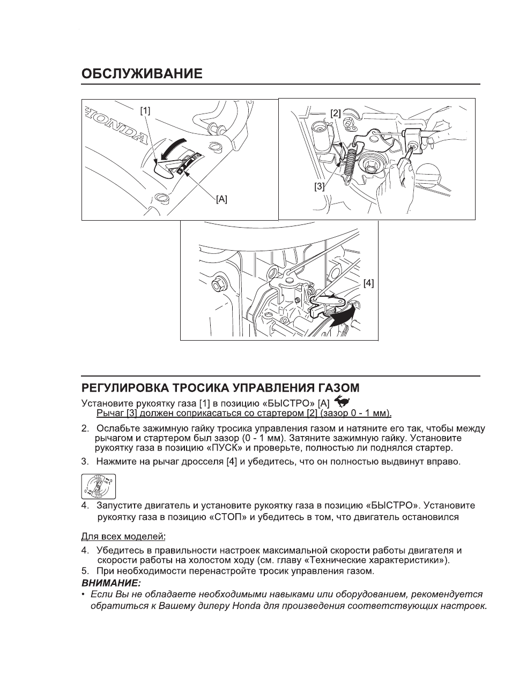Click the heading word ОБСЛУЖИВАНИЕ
[x=142, y=73]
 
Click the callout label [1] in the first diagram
[x=145, y=110]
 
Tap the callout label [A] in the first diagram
[x=221, y=199]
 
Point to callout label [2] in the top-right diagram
[x=335, y=113]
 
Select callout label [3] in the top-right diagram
[x=320, y=186]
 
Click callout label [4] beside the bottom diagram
[x=368, y=283]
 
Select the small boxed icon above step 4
[x=98, y=486]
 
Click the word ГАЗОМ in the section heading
[x=336, y=387]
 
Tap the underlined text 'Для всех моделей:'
[x=123, y=536]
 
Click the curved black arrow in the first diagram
[x=177, y=147]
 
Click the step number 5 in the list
[x=84, y=570]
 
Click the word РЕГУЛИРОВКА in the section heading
[x=123, y=387]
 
